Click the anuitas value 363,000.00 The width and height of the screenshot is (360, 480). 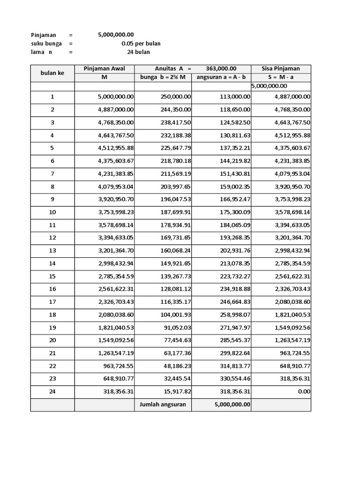point(221,69)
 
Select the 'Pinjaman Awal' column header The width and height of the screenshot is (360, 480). point(104,69)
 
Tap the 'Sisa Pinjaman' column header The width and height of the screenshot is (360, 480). point(280,69)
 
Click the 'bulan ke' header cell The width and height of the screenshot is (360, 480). point(52,73)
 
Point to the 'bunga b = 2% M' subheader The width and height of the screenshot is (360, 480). point(163,77)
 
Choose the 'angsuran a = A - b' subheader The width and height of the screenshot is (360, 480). point(221,77)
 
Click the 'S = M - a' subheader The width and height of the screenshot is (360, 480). point(280,77)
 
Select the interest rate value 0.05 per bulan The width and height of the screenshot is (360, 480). point(141,44)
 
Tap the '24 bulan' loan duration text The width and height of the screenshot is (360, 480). point(138,52)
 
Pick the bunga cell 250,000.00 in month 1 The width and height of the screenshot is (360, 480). point(173,97)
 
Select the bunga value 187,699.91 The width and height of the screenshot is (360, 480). point(173,212)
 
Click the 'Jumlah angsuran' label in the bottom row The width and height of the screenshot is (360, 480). point(163,405)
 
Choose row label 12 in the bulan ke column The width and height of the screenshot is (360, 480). point(52,238)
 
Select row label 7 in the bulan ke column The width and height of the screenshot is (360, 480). point(52,173)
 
